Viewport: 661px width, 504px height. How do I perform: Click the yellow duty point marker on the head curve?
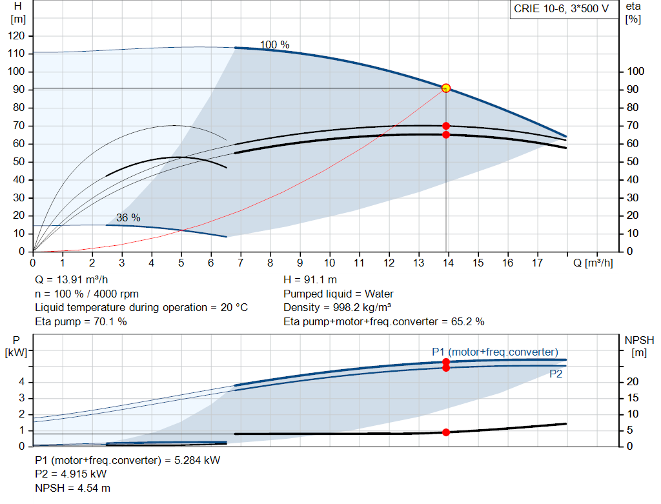point(446,88)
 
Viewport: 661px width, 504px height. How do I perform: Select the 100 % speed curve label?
point(274,45)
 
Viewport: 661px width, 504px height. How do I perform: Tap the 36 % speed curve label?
point(128,217)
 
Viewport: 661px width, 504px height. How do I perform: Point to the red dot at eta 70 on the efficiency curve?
point(446,126)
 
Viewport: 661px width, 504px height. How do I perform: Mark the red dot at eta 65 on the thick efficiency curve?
point(446,135)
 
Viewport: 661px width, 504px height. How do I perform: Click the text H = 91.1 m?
point(310,280)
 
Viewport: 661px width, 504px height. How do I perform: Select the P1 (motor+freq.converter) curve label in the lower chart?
point(494,352)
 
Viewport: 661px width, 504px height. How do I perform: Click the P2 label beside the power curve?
point(556,374)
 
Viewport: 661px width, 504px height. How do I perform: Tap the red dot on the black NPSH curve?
point(446,432)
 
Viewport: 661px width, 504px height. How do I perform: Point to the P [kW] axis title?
point(17,346)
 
